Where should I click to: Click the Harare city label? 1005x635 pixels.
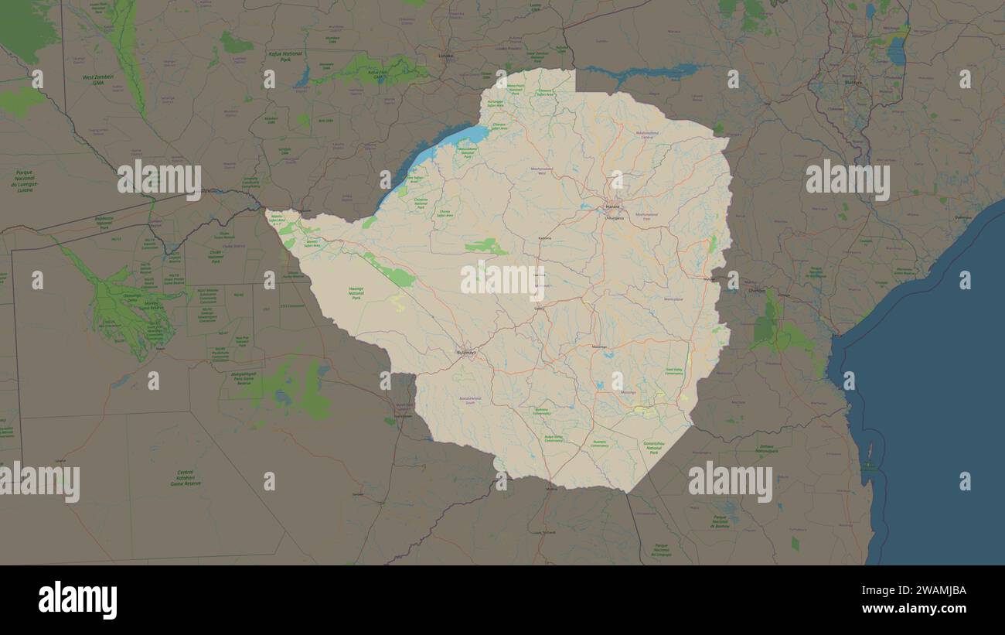(612, 207)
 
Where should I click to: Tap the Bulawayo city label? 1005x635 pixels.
(468, 353)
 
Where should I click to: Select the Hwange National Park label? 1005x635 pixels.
(356, 293)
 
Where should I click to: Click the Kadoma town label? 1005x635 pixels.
(545, 238)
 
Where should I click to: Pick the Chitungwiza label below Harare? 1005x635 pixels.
(615, 218)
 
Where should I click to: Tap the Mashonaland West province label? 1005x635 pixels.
(542, 169)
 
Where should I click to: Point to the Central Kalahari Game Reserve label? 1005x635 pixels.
(186, 477)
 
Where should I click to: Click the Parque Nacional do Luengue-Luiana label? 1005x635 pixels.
(22, 180)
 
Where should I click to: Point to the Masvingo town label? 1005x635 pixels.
(628, 392)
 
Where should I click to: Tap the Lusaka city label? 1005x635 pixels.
(446, 56)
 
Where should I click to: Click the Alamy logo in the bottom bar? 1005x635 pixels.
(78, 600)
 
